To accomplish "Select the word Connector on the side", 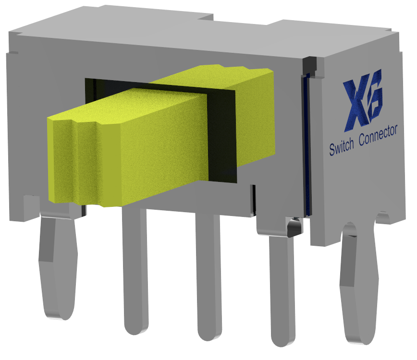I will coord(378,134).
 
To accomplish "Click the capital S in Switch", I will coord(331,150).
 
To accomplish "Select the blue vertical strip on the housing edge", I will coord(306,144).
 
